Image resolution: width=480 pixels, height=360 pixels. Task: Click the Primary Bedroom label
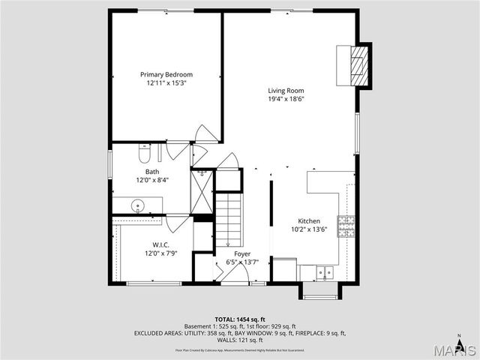pyautogui.click(x=166, y=74)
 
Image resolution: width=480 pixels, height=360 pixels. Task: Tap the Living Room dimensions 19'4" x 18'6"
pyautogui.click(x=286, y=99)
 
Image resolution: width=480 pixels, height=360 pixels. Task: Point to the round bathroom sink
pyautogui.click(x=138, y=205)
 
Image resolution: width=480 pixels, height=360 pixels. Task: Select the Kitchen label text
pyautogui.click(x=309, y=221)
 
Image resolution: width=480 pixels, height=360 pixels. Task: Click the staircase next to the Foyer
pyautogui.click(x=230, y=217)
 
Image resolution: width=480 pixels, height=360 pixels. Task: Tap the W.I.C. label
pyautogui.click(x=160, y=244)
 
